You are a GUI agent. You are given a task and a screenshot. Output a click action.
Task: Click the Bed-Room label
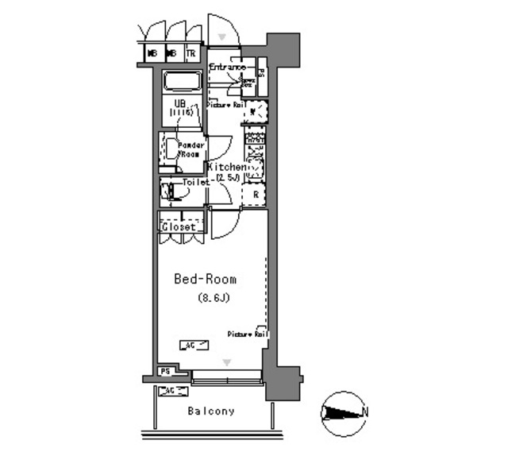206,280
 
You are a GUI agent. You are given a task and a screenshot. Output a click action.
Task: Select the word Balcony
211,411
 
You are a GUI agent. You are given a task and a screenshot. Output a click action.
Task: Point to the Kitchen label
226,168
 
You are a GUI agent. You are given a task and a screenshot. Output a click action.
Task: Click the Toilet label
195,182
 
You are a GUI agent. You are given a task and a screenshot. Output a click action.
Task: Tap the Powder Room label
190,149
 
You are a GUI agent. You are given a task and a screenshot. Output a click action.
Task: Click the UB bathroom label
180,103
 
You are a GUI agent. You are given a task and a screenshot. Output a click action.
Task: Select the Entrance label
228,68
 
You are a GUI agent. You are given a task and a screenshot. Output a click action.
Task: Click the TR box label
190,54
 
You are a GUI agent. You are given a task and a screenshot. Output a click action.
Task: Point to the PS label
165,371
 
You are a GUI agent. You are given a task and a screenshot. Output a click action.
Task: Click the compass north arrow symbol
342,412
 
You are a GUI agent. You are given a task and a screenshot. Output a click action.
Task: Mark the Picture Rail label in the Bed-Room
247,334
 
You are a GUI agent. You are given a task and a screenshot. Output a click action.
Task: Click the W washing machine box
254,112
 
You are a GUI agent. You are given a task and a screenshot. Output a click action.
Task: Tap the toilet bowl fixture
170,191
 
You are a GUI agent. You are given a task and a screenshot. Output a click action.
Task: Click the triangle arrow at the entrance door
223,37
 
